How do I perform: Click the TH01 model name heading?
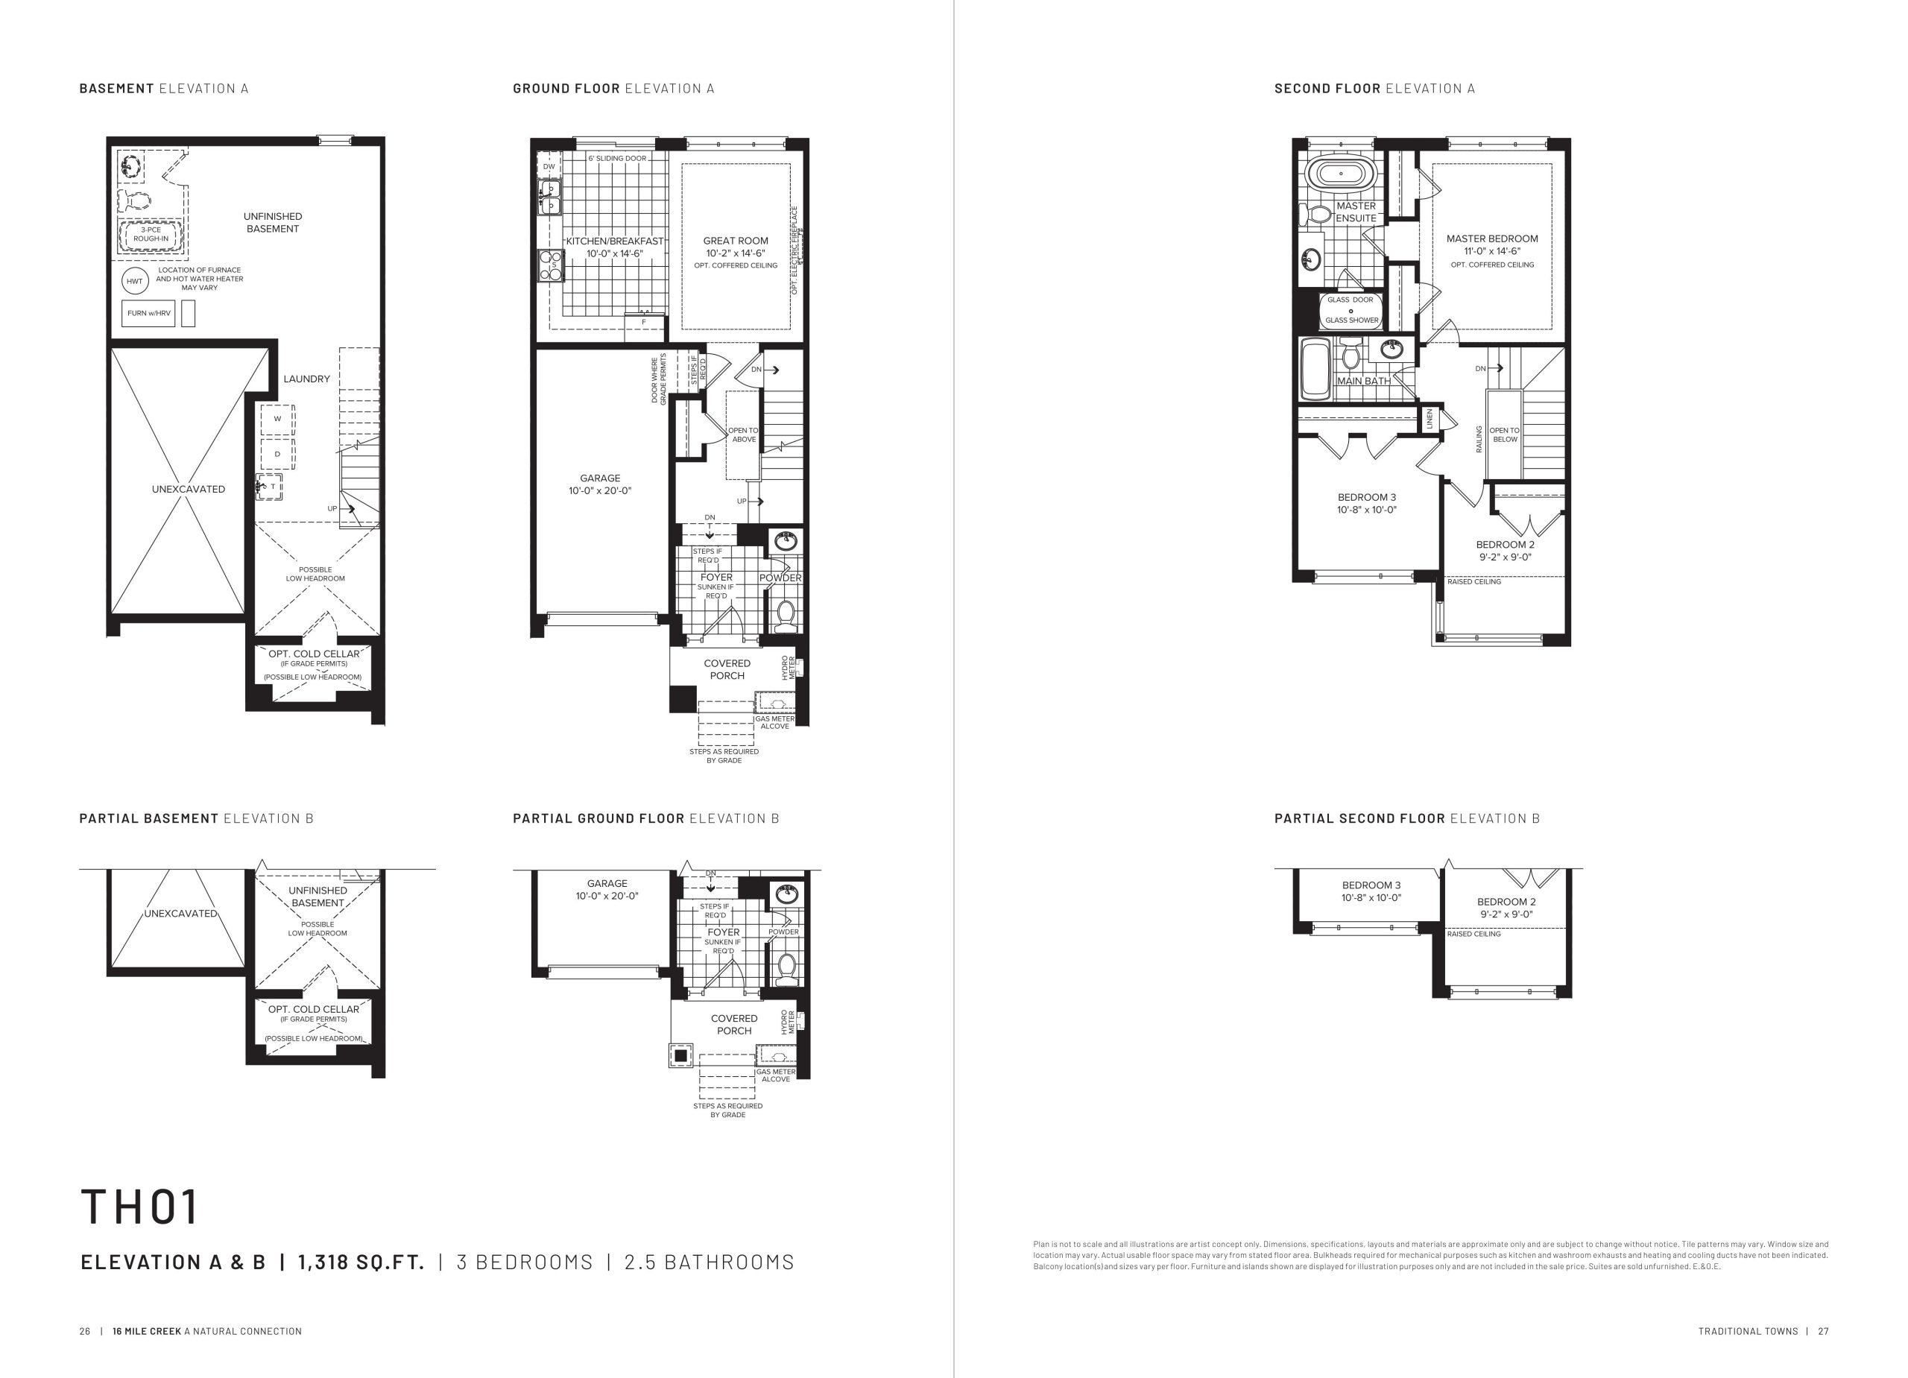tap(139, 1207)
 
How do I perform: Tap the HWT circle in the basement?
tap(135, 281)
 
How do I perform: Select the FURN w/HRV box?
tap(149, 313)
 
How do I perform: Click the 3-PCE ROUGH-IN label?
tap(151, 234)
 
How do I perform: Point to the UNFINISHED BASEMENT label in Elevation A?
tap(273, 223)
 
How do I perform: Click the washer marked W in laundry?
tap(277, 419)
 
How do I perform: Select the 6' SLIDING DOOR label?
tap(618, 159)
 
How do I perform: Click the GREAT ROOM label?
tap(736, 241)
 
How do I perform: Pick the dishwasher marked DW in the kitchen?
tap(549, 167)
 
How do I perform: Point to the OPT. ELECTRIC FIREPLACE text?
tap(795, 250)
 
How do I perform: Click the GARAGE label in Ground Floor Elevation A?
tap(600, 478)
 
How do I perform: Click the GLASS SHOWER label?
tap(1352, 320)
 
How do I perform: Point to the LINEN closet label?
tap(1430, 419)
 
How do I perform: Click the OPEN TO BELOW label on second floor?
tap(1505, 435)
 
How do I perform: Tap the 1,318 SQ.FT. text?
tap(361, 1262)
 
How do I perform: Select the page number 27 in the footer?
tap(1823, 1332)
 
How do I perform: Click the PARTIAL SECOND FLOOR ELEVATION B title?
tap(1406, 818)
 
